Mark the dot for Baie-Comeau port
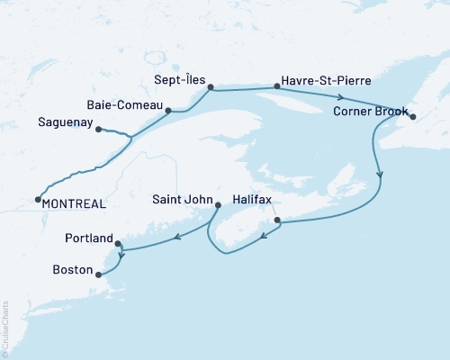168,111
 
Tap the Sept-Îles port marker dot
210,87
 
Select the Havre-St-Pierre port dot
275,87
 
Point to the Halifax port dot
277,220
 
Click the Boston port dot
98,277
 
